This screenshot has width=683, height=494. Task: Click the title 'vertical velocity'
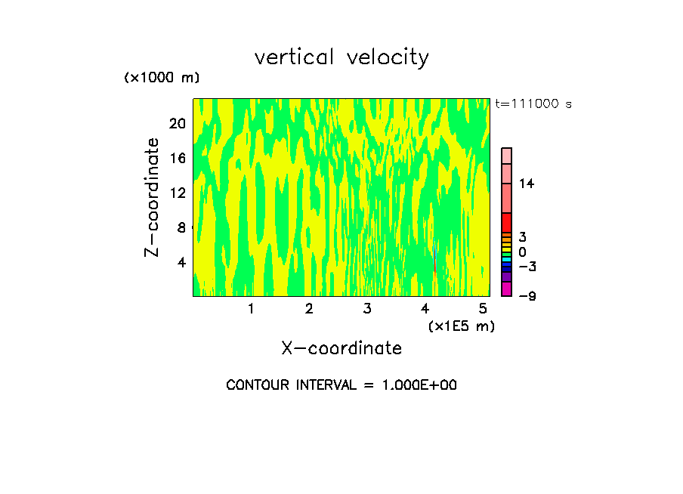[341, 57]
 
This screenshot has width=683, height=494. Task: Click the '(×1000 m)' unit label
[162, 79]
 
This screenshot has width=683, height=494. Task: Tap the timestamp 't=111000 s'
[533, 103]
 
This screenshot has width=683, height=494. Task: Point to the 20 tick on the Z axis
[177, 123]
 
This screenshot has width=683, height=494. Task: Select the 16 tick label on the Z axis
[177, 158]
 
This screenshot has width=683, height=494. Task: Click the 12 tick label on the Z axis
[177, 193]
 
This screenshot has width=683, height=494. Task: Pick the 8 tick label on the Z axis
[181, 227]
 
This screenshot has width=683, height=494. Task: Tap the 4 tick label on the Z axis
[181, 262]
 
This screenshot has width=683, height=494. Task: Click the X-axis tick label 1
[251, 308]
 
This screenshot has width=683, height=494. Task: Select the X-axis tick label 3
[366, 308]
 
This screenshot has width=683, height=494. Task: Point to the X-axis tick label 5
[483, 308]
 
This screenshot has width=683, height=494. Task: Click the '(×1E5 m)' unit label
[461, 326]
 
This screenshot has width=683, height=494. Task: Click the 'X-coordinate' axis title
[341, 348]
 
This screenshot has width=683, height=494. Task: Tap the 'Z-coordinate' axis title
[153, 197]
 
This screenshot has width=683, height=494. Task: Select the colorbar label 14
[527, 184]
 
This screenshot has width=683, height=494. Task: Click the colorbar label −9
[527, 296]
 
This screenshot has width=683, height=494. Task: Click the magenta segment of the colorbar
[507, 289]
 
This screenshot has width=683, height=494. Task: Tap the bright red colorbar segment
[507, 223]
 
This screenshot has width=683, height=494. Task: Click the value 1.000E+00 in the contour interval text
[416, 385]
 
